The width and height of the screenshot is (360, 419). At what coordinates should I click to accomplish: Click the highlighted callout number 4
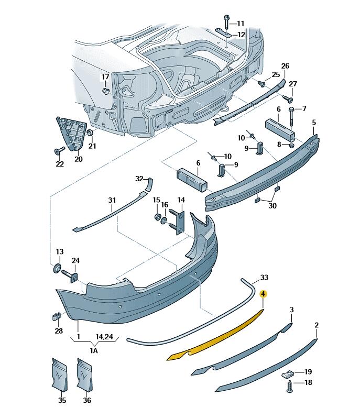(264, 295)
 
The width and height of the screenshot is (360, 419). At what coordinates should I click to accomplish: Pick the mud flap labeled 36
(85, 374)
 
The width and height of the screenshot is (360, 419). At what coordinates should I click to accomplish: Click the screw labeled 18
(289, 386)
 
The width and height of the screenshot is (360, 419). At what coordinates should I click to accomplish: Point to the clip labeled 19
(288, 373)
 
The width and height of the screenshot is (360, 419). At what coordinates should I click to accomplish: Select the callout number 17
(105, 77)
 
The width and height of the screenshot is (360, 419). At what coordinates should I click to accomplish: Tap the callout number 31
(112, 200)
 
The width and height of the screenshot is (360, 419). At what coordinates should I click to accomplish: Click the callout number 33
(264, 277)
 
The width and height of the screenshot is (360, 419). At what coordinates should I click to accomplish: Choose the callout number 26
(285, 66)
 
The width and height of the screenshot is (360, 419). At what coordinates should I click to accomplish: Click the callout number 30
(272, 206)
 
